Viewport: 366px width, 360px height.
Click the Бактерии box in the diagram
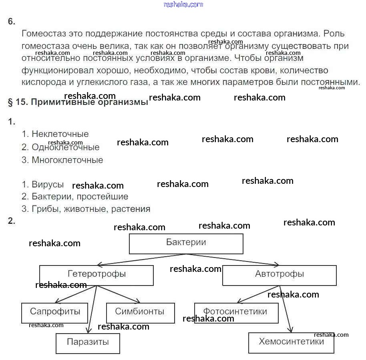[186, 243]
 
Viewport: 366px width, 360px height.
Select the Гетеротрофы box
[96, 276]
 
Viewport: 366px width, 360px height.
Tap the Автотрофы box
[279, 275]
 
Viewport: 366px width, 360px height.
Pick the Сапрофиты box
[54, 312]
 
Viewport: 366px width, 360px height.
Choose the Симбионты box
[140, 312]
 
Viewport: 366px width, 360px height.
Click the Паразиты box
[88, 343]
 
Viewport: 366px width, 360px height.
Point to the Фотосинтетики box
[236, 312]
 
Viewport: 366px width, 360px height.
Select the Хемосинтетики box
[291, 343]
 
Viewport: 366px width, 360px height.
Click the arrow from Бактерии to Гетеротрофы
[140, 259]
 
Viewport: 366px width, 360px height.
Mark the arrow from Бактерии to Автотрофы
[232, 259]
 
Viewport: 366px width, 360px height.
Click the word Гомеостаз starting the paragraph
[44, 34]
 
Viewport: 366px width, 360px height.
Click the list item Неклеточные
[60, 134]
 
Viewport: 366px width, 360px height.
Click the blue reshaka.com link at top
[183, 4]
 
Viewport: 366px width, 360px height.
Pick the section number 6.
[11, 22]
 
